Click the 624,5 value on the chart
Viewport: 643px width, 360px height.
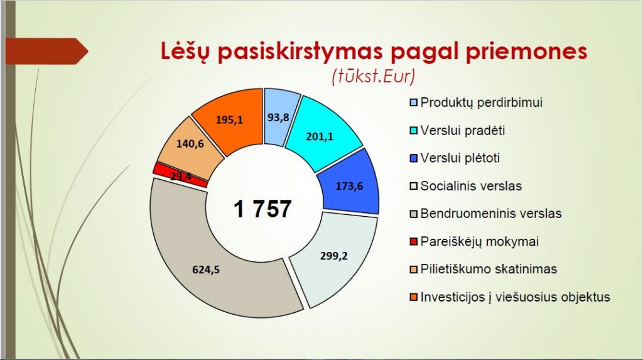(x=206, y=270)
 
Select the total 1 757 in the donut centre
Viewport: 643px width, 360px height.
(x=262, y=209)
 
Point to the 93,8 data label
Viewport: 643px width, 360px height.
(x=278, y=117)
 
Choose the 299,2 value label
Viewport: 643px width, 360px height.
(x=334, y=256)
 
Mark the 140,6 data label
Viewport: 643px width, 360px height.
(x=190, y=144)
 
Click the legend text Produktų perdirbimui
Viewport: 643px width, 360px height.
(x=482, y=102)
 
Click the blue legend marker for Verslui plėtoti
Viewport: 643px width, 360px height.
(x=413, y=158)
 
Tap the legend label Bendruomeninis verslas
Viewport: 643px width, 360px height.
(x=491, y=214)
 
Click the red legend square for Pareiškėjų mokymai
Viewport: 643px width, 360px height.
(x=413, y=241)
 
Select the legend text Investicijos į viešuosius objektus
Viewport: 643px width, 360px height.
(x=515, y=297)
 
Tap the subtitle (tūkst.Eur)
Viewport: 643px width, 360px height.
(x=373, y=77)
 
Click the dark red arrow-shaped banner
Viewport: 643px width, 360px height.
(x=46, y=52)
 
